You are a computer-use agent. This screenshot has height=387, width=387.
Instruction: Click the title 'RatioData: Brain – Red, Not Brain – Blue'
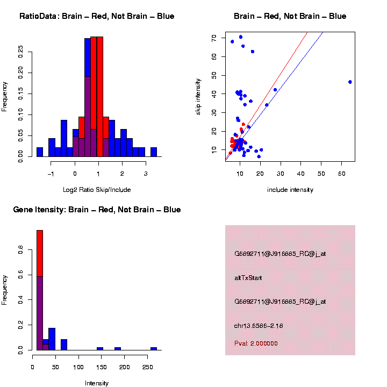click(x=97, y=16)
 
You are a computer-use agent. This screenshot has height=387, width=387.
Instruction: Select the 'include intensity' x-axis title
click(x=290, y=189)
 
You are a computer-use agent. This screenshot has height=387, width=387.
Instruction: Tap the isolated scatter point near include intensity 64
click(x=350, y=82)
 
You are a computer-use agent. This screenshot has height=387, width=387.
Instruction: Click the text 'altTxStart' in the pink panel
click(x=248, y=278)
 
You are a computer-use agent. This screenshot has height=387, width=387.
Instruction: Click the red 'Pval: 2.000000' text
click(x=256, y=343)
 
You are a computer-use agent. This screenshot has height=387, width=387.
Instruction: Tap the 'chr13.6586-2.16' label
click(x=259, y=326)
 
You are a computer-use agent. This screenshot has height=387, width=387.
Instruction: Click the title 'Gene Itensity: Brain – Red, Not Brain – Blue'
click(x=97, y=210)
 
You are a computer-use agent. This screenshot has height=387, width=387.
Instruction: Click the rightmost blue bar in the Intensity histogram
click(x=154, y=348)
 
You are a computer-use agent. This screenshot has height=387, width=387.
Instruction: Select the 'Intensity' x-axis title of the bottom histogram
click(x=97, y=383)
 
